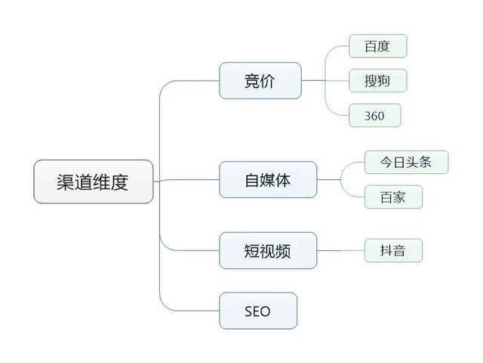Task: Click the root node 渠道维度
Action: (x=94, y=181)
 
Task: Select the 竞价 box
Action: (x=260, y=81)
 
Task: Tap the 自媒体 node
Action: (x=268, y=180)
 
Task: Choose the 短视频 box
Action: (x=268, y=250)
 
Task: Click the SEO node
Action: (x=258, y=311)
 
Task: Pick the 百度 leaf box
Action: (x=378, y=46)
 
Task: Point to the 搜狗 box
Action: (x=378, y=81)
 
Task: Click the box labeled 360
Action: (x=375, y=116)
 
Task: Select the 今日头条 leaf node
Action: (x=406, y=163)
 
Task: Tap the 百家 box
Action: (x=393, y=197)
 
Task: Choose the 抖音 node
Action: (x=393, y=250)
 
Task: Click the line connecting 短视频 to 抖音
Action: (x=340, y=250)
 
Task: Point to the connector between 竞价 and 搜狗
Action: (x=325, y=81)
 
